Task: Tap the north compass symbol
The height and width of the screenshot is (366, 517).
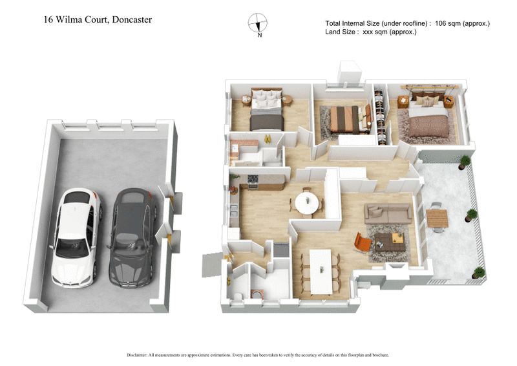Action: click(x=258, y=23)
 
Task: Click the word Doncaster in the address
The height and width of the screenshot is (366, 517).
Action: click(x=132, y=19)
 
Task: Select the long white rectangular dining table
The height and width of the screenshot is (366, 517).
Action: click(x=321, y=270)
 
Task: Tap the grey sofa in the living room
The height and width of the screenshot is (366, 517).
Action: click(x=388, y=213)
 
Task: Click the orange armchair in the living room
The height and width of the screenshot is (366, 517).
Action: click(x=363, y=243)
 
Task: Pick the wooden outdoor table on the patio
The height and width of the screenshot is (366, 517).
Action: click(x=438, y=219)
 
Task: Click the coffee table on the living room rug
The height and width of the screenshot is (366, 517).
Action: click(x=390, y=241)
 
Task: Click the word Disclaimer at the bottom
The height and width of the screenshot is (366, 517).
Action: click(x=139, y=355)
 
